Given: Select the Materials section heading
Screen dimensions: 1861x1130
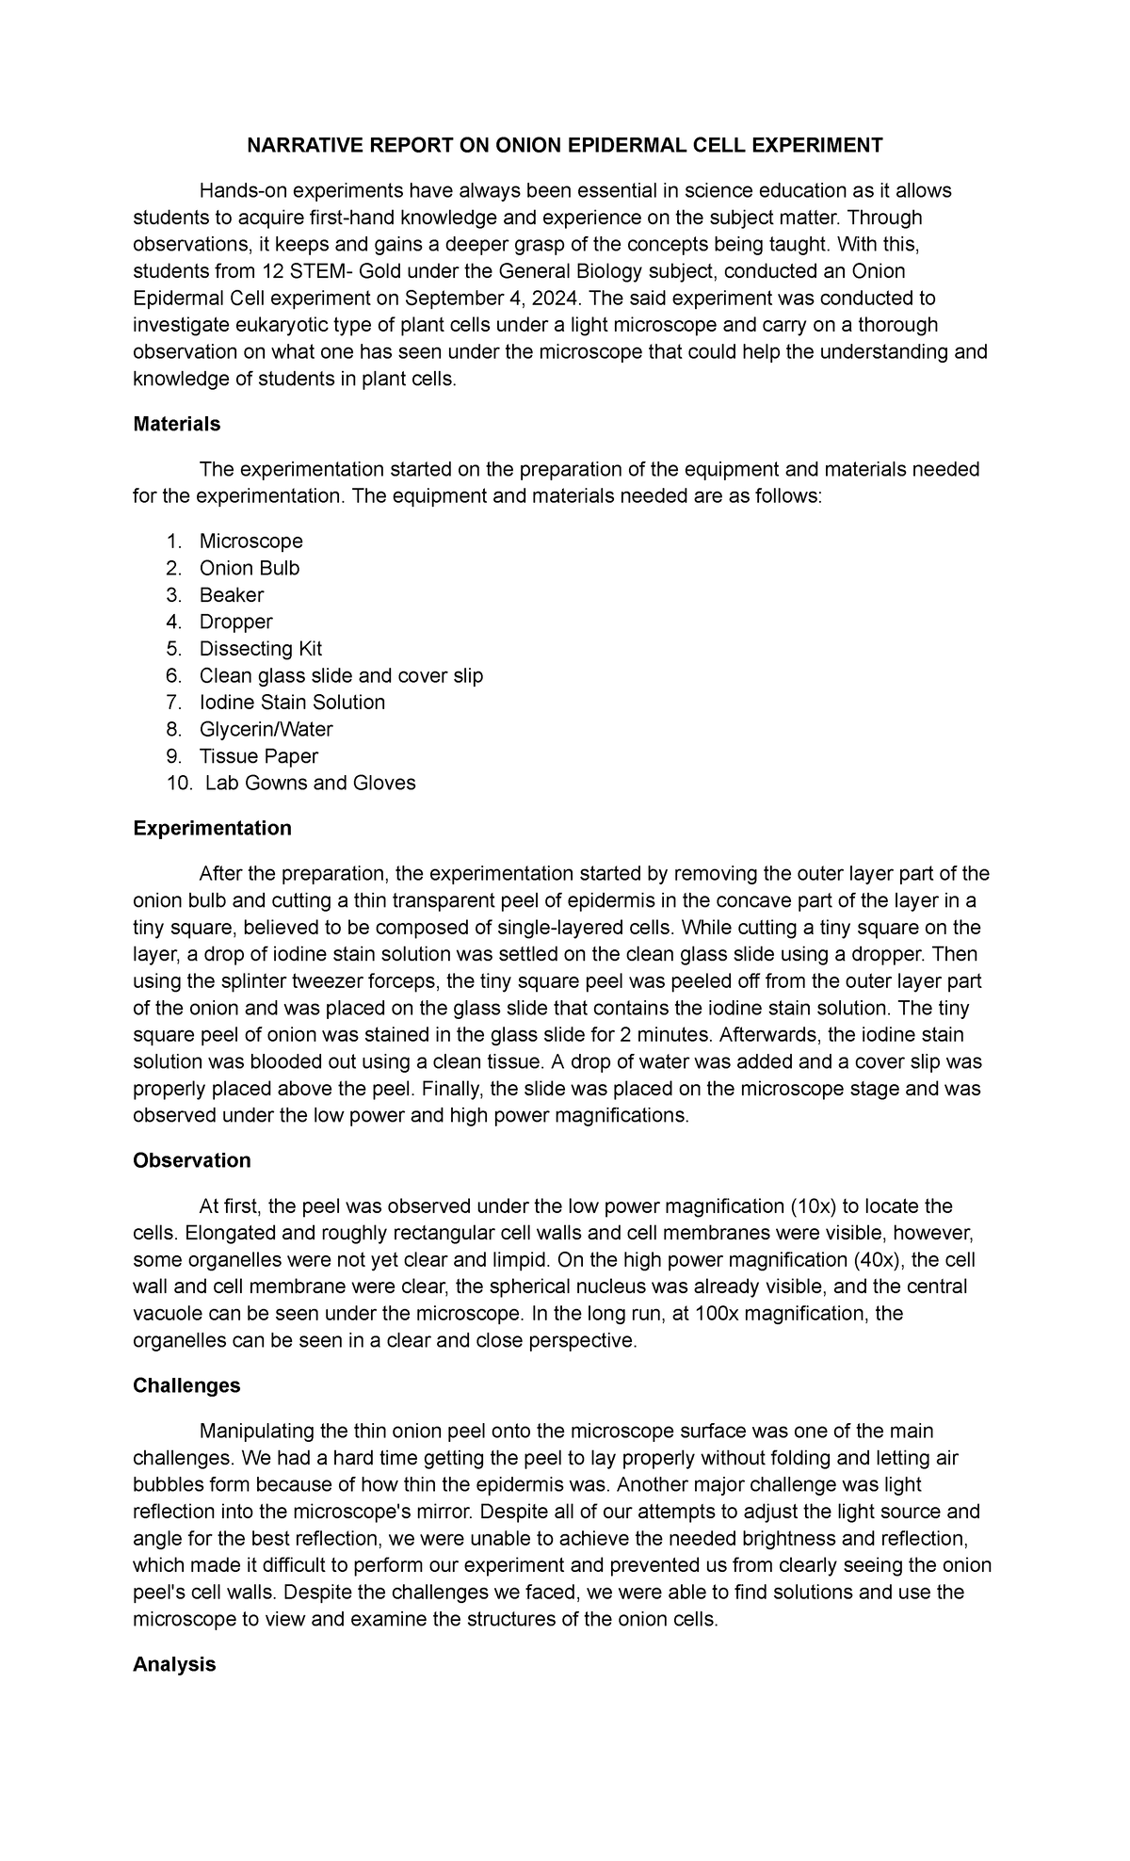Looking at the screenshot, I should (176, 424).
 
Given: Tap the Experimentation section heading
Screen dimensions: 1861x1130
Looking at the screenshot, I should (212, 828).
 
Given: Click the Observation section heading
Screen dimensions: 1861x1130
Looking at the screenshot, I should (192, 1160).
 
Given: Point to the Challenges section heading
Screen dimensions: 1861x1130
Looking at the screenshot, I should (186, 1385).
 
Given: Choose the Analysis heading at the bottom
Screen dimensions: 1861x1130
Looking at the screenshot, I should (174, 1664).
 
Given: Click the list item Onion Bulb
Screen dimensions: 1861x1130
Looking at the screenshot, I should (250, 568).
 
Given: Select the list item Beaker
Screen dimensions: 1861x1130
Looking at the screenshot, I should (232, 595).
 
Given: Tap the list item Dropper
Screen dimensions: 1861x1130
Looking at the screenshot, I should (235, 622).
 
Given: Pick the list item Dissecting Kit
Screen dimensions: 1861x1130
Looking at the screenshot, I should (261, 649).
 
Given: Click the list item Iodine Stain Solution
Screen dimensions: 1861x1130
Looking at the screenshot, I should (292, 703).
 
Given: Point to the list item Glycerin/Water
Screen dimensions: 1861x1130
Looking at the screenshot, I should (266, 729).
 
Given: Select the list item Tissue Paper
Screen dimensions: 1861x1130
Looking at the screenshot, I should (259, 756).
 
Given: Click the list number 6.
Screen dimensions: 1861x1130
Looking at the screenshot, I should (172, 675).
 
